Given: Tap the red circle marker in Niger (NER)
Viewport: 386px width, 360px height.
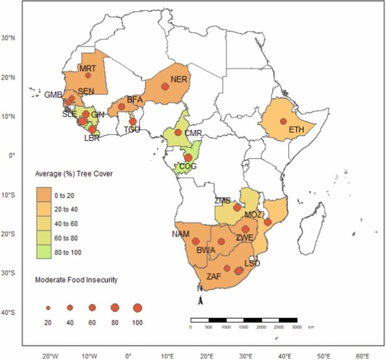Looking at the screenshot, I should point(165,87).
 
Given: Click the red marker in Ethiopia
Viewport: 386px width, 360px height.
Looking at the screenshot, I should point(283,121).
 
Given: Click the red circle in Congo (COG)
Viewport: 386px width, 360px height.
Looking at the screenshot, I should point(188,158).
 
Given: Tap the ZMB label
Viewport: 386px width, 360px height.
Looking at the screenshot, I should point(223,201).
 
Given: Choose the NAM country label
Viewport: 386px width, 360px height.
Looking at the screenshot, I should point(182,234).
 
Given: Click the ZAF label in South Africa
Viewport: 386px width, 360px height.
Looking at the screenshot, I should point(213,276).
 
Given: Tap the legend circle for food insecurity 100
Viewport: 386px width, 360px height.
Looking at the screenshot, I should point(137,308).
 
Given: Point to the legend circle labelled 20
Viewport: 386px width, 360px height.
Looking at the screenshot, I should point(48,308).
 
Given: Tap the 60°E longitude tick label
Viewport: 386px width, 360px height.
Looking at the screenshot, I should point(363,356).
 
